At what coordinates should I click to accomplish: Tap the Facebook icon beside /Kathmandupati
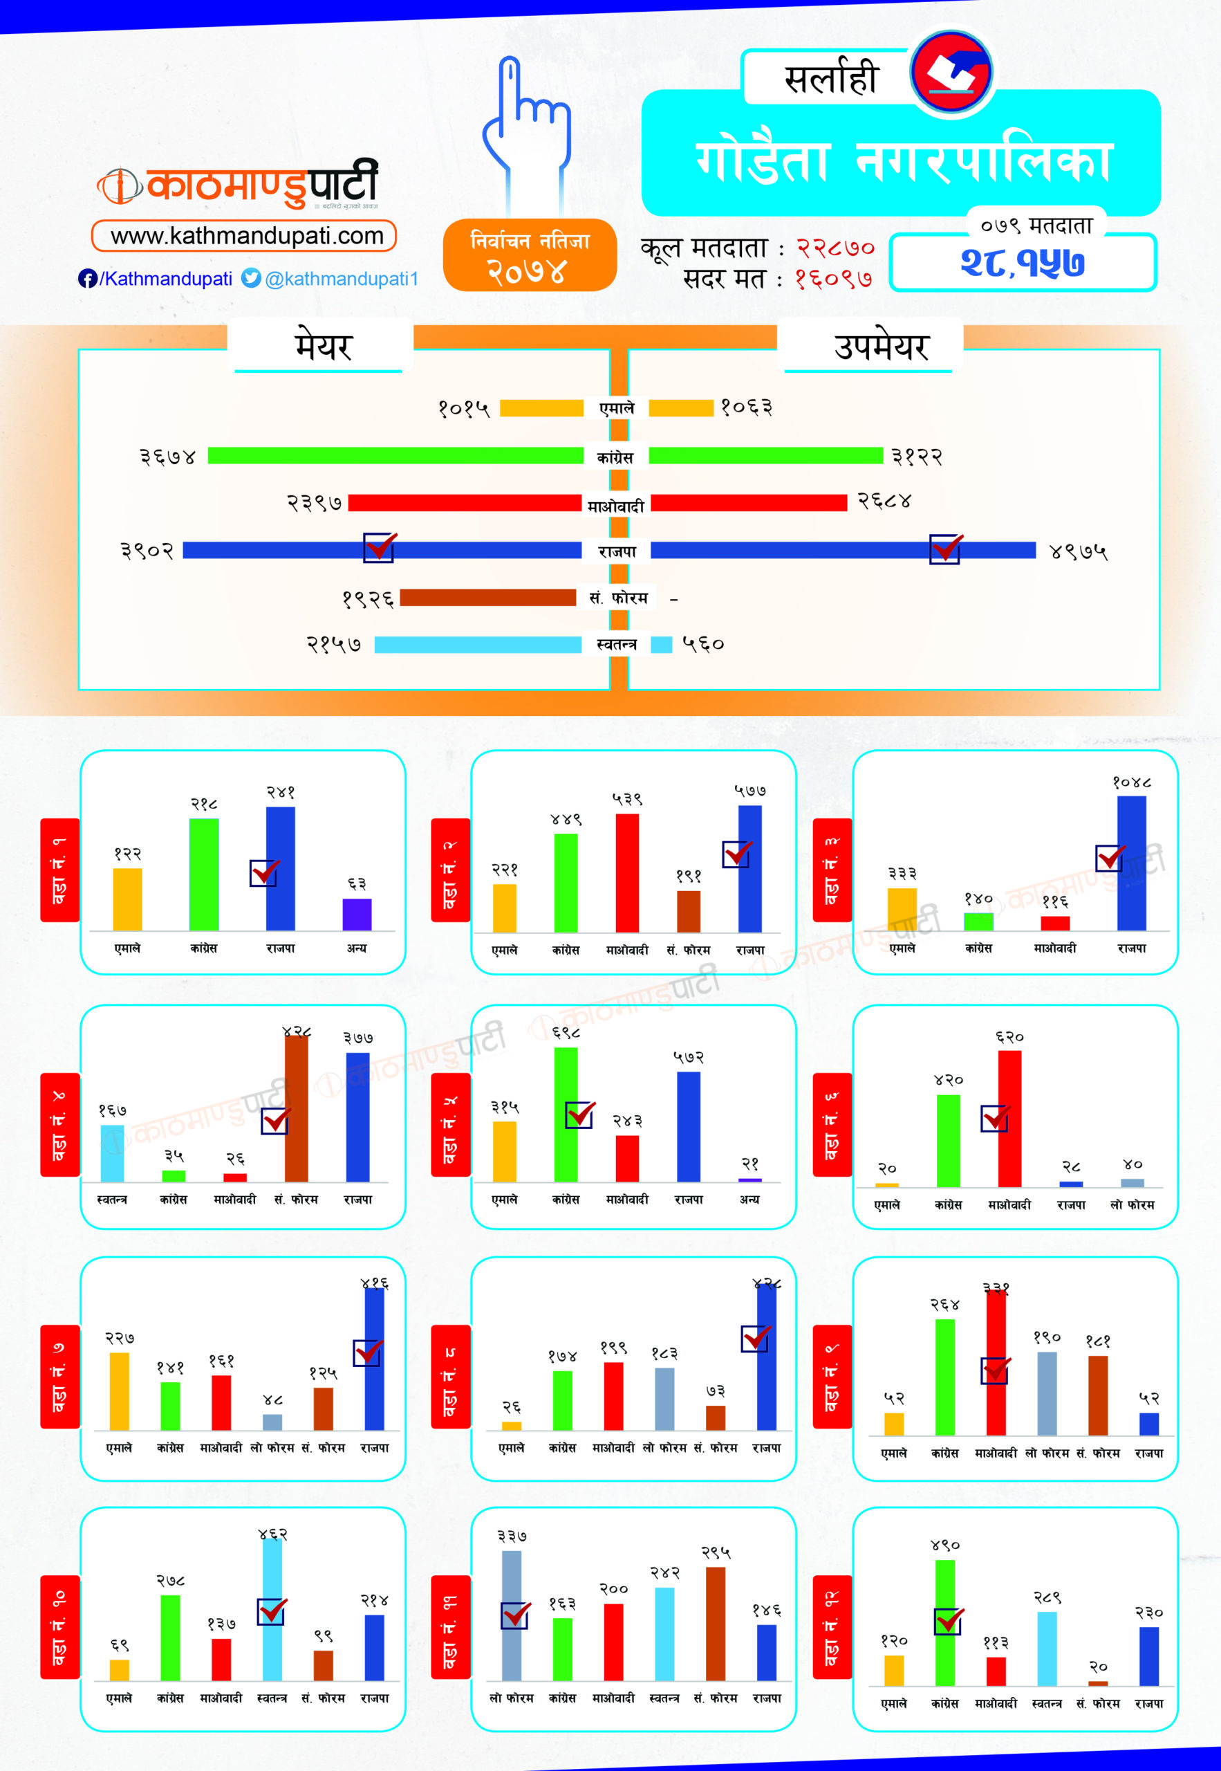[87, 279]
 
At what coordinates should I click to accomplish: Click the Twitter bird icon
[251, 278]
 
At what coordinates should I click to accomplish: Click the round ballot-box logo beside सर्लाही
[951, 73]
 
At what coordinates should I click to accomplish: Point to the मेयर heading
[323, 347]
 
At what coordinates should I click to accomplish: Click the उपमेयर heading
[881, 347]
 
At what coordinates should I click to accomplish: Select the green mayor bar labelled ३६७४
[395, 455]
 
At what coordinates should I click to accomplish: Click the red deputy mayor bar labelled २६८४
[748, 503]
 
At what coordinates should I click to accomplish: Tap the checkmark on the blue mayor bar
[380, 547]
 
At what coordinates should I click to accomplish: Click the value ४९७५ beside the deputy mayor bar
[1078, 552]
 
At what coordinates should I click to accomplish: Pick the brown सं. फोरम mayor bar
[487, 598]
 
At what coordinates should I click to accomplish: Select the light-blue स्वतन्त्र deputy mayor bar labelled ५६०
[661, 645]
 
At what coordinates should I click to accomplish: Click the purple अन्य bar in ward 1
[357, 914]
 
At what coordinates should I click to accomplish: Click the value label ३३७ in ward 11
[511, 1536]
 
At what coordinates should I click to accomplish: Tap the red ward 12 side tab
[832, 1627]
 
